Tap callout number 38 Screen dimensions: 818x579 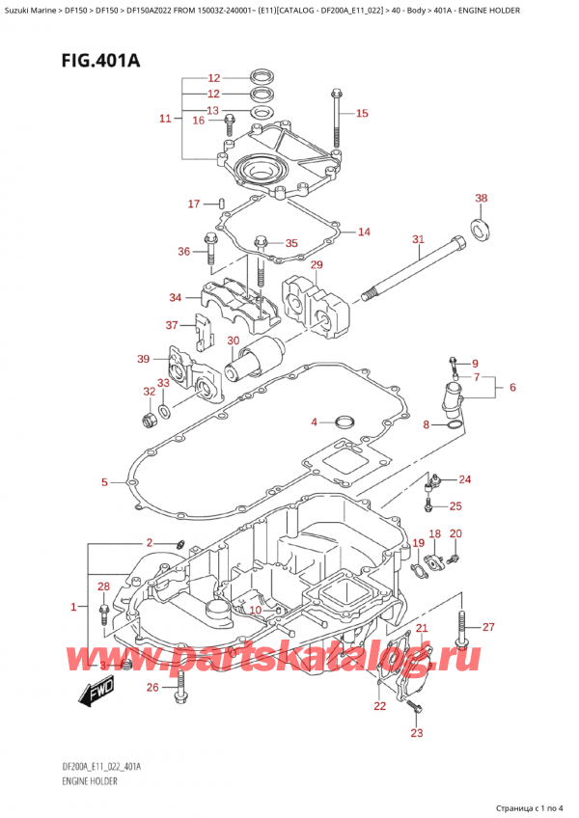482,199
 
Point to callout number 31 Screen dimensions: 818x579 417,239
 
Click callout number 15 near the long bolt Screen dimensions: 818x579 362,114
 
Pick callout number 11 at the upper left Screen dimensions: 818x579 165,119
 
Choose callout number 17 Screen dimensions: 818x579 193,204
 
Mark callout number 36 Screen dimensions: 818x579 185,252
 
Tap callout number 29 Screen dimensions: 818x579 316,264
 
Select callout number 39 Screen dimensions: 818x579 143,360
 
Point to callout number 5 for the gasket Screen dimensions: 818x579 105,481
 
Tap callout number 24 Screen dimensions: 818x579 465,479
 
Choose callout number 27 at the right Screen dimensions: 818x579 488,627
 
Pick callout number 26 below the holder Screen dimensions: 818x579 152,687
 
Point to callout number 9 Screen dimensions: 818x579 474,364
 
